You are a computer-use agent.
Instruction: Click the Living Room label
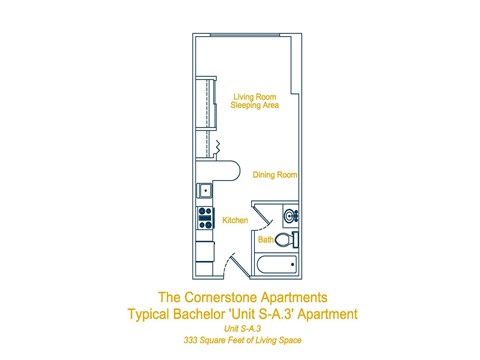point(255,96)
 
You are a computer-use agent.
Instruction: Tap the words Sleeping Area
point(255,105)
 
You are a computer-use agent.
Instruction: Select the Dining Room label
point(275,174)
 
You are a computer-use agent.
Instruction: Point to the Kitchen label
point(235,220)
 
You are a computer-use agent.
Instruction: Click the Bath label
point(266,240)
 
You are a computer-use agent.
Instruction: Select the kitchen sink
point(205,190)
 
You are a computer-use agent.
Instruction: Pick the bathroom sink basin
point(291,215)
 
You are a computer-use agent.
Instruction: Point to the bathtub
point(277,266)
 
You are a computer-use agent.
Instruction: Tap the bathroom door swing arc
point(256,213)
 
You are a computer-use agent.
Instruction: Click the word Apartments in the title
point(293,298)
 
